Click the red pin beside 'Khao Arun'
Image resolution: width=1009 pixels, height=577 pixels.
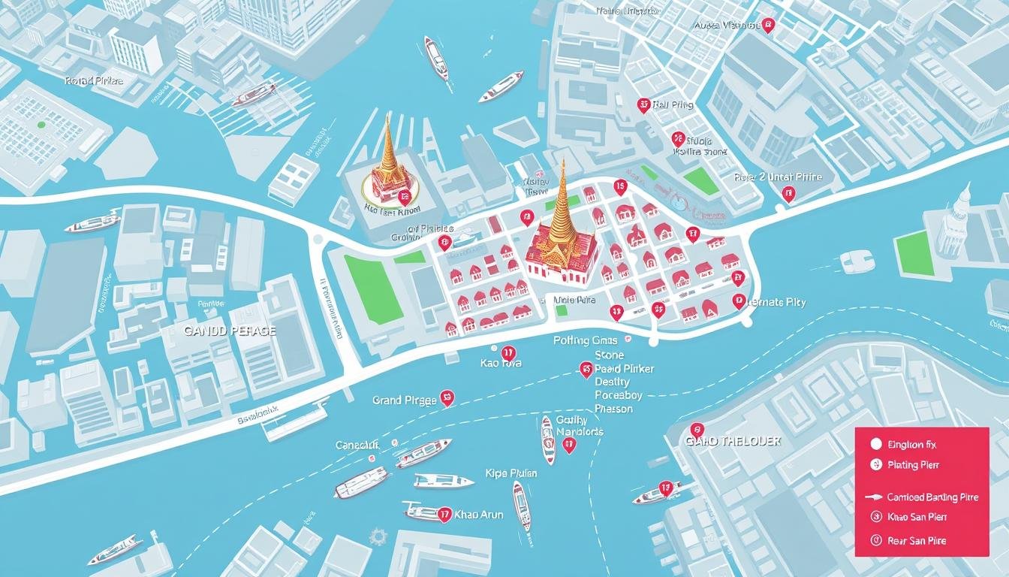click(444, 515)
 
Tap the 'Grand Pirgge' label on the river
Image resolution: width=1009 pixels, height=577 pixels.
click(404, 400)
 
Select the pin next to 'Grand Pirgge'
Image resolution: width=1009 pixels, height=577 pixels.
click(447, 398)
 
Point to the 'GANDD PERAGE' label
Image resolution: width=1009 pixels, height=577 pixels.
click(230, 331)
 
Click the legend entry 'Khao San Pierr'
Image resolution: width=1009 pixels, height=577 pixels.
click(917, 517)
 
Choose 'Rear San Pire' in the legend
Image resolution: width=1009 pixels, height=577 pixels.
click(917, 540)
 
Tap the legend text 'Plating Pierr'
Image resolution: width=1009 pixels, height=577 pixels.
click(913, 465)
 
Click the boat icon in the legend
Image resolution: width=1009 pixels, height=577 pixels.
click(875, 497)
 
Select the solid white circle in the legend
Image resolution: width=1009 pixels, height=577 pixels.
click(874, 444)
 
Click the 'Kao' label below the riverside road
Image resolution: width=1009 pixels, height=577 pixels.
click(500, 363)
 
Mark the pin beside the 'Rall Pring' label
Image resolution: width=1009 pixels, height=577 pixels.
click(643, 106)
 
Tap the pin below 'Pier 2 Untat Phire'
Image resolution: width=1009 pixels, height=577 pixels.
click(788, 195)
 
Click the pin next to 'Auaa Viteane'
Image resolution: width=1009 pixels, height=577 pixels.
click(767, 26)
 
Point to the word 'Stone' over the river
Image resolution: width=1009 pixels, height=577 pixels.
click(609, 355)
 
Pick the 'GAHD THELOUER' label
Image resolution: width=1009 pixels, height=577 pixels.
click(733, 442)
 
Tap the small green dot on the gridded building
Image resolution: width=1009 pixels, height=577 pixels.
click(41, 125)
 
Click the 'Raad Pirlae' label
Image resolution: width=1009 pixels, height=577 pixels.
click(94, 80)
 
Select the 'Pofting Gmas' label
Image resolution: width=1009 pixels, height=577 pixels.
click(586, 340)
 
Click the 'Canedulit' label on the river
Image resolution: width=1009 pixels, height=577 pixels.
click(358, 446)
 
